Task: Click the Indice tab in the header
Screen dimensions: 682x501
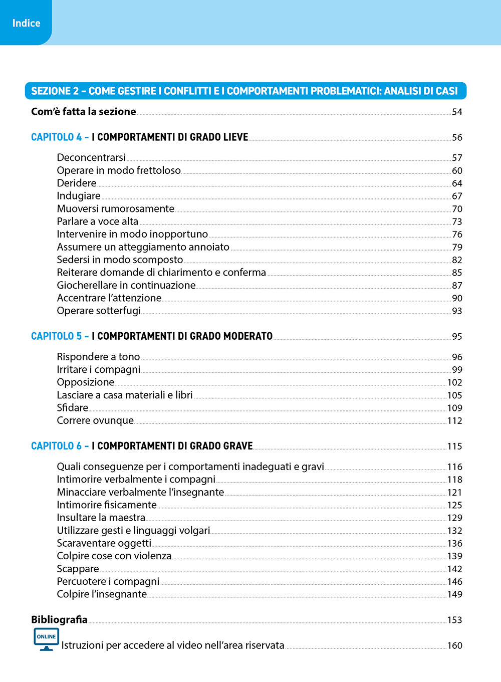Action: (x=26, y=23)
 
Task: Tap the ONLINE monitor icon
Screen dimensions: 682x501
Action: (x=46, y=639)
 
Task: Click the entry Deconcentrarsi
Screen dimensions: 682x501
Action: (x=91, y=157)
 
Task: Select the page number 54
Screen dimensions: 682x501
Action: (x=457, y=112)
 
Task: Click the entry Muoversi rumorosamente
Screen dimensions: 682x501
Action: (x=116, y=208)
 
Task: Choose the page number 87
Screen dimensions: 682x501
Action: (x=457, y=285)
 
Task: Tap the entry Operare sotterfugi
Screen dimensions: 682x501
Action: (x=99, y=311)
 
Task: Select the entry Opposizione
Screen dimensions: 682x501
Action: (x=86, y=382)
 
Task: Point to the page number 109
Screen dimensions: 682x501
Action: (x=454, y=408)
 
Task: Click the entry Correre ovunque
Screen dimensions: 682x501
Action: (x=95, y=420)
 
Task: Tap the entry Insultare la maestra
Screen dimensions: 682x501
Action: (x=101, y=518)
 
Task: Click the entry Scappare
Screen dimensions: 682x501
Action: (x=78, y=569)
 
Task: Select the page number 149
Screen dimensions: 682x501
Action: (x=454, y=594)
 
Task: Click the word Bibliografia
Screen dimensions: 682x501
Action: (x=59, y=619)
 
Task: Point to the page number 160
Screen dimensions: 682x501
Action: (x=454, y=645)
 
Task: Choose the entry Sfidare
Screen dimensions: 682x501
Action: (x=73, y=408)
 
